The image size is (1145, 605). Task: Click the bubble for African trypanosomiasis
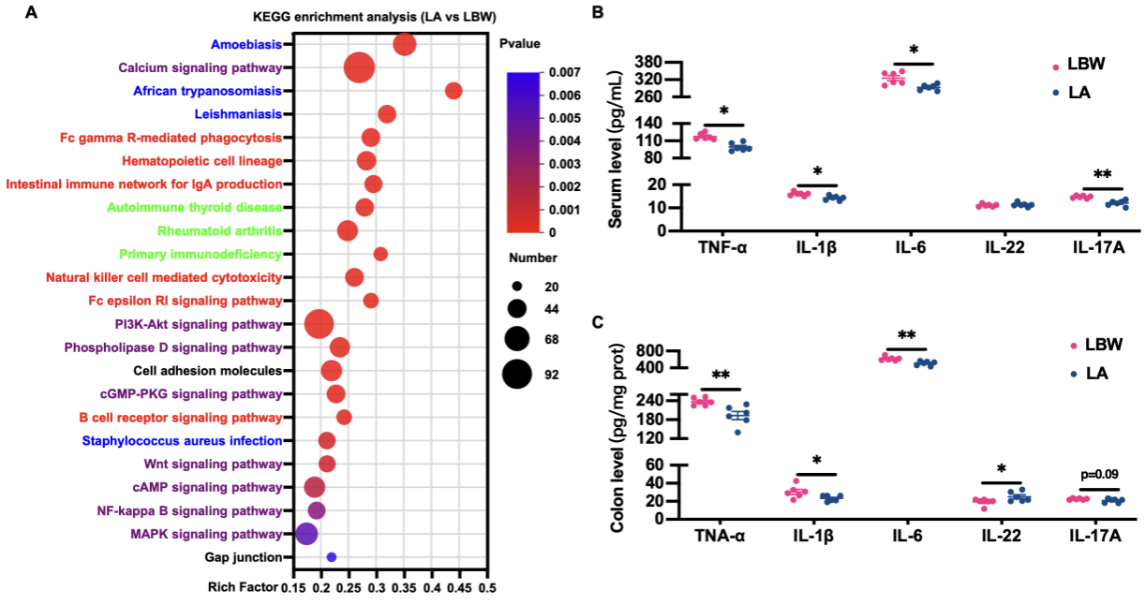454,91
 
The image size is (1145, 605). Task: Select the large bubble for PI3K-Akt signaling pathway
319,324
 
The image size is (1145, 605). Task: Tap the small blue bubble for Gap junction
331,557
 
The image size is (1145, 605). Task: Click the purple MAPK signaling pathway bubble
305,534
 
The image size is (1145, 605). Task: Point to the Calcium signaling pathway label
201,67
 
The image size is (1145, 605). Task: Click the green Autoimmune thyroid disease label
194,207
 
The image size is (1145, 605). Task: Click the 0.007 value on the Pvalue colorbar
578,73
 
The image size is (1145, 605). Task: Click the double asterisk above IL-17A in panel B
1103,175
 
